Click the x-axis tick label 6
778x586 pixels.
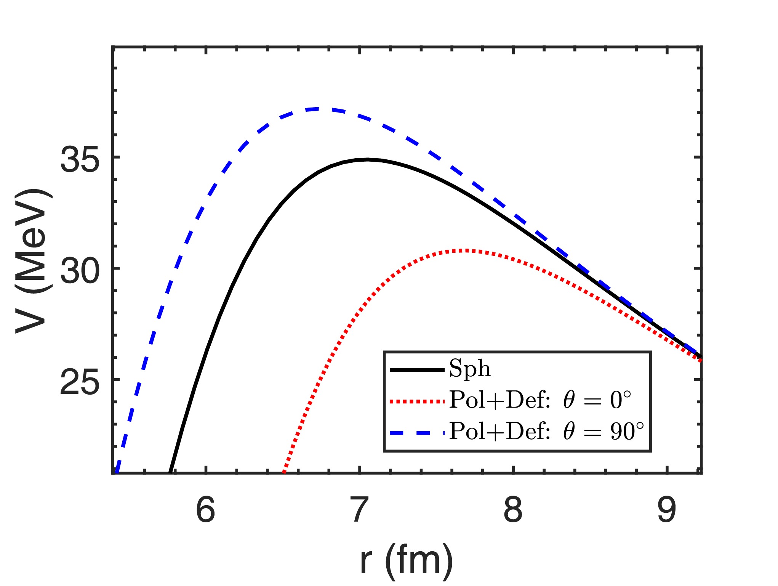(205, 511)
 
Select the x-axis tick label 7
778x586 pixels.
(359, 511)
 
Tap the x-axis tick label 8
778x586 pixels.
(513, 511)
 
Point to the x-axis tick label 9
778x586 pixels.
(667, 511)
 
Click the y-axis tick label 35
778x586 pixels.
(80, 160)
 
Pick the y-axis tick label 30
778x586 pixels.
(80, 271)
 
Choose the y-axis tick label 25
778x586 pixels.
(80, 383)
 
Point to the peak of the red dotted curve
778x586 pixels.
(463, 250)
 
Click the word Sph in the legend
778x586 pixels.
(470, 369)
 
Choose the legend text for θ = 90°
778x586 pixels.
(546, 432)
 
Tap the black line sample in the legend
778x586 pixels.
(417, 370)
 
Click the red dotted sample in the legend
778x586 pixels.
(417, 401)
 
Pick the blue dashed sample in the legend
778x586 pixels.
(417, 433)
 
